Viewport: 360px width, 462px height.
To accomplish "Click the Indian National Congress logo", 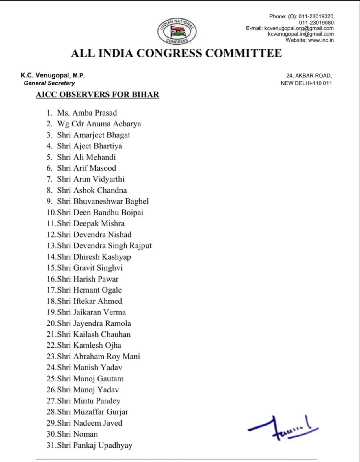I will click(177, 31).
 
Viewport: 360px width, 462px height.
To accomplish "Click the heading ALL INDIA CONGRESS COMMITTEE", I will click(176, 53).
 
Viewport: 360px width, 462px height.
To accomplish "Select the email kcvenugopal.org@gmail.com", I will click(299, 28).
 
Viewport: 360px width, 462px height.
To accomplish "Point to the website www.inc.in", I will click(321, 40).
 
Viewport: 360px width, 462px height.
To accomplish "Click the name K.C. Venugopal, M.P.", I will click(53, 76).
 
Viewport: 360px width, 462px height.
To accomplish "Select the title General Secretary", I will click(49, 83).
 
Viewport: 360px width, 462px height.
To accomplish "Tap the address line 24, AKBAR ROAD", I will click(309, 76).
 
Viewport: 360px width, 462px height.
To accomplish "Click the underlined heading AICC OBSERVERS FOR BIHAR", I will click(97, 95).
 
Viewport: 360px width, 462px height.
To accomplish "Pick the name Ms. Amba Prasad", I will click(87, 113).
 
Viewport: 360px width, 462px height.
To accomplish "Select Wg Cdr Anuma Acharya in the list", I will click(99, 124).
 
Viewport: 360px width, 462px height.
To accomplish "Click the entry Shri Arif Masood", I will click(86, 168).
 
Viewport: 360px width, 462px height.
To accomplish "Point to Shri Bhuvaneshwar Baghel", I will click(103, 201).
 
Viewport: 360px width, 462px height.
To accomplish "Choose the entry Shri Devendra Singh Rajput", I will click(104, 246).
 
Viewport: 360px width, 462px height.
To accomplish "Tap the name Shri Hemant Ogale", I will click(89, 290).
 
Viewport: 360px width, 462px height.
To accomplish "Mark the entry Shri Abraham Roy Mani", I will click(98, 356).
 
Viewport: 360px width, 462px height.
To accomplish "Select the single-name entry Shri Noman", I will click(77, 434).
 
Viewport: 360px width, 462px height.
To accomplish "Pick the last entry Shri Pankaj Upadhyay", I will click(94, 445).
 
